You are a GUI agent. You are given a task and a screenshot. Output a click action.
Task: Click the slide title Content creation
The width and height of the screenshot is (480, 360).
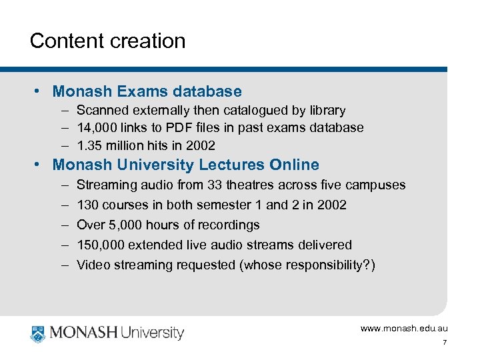(107, 41)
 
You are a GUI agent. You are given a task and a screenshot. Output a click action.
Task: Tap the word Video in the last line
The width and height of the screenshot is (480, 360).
(92, 265)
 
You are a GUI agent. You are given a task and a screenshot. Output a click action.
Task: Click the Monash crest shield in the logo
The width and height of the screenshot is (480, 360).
(37, 332)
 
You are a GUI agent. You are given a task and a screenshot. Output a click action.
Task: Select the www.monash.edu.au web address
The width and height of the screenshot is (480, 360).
(404, 328)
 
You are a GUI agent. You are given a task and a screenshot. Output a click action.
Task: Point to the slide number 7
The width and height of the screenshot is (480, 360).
(444, 343)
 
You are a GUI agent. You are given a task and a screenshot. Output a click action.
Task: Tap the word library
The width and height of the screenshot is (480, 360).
(326, 110)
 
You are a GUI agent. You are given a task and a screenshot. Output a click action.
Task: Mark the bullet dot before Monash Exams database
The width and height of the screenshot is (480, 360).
(41, 91)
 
